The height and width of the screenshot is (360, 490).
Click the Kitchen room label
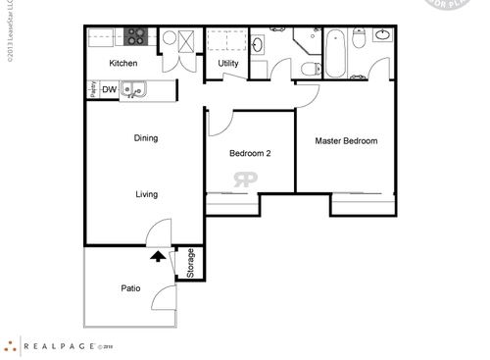(x=123, y=64)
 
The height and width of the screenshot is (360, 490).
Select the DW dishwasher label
(x=110, y=90)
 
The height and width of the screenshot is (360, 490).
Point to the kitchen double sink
(x=137, y=91)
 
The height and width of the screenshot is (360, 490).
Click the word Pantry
(x=93, y=90)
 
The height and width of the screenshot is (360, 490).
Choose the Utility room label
(x=227, y=64)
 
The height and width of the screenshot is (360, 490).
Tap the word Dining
(x=146, y=138)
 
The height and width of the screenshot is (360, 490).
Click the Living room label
(x=146, y=194)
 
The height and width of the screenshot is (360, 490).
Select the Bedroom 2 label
(x=250, y=153)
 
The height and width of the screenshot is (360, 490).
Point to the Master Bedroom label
(x=346, y=141)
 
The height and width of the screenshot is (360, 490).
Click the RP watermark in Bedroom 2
(x=244, y=179)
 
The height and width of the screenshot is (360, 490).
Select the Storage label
(x=190, y=263)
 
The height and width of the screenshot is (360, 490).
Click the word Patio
(x=130, y=288)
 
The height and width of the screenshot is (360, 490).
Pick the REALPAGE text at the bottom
(x=58, y=346)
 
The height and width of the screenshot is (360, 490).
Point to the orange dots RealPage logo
(x=11, y=345)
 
